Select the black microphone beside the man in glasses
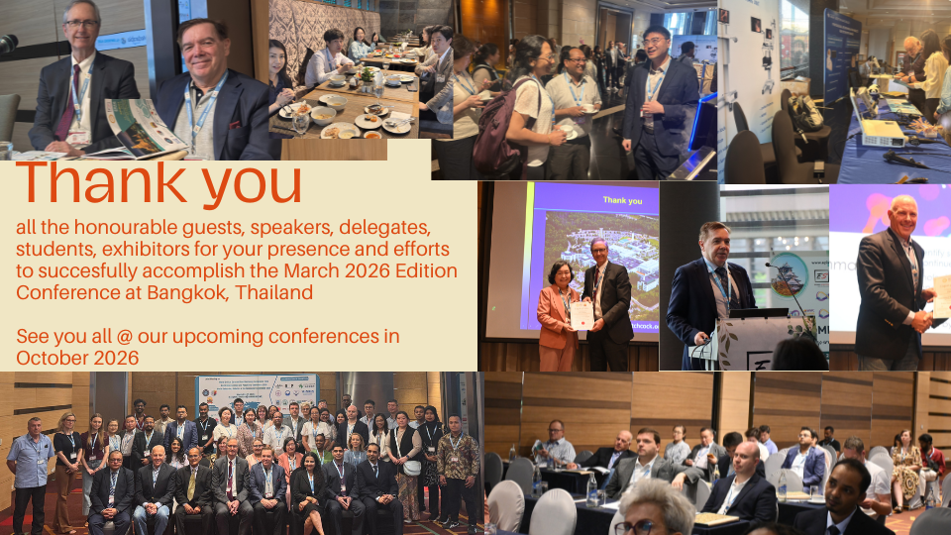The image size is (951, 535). pyautogui.click(x=8, y=45)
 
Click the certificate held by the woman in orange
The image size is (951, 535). pyautogui.click(x=581, y=315)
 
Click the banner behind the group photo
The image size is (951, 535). pyautogui.click(x=257, y=390)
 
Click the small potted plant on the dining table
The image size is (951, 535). pyautogui.click(x=367, y=77)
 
